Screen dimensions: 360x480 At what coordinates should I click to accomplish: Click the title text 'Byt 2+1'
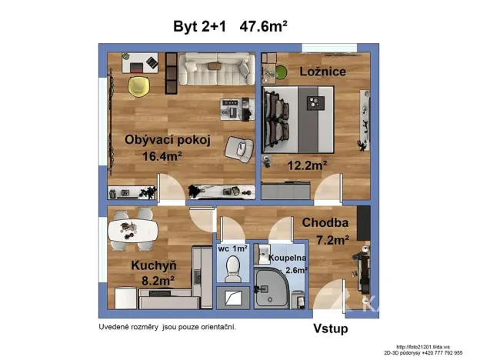pos(199,27)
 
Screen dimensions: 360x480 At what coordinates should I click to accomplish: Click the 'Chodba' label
pos(325,223)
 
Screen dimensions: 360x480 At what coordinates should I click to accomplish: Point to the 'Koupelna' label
pos(288,259)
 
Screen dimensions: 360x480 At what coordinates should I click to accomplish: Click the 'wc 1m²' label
pos(233,248)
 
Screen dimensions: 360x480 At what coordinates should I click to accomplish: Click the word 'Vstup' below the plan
pos(331,330)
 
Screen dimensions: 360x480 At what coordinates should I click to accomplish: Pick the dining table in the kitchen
pos(128,228)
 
